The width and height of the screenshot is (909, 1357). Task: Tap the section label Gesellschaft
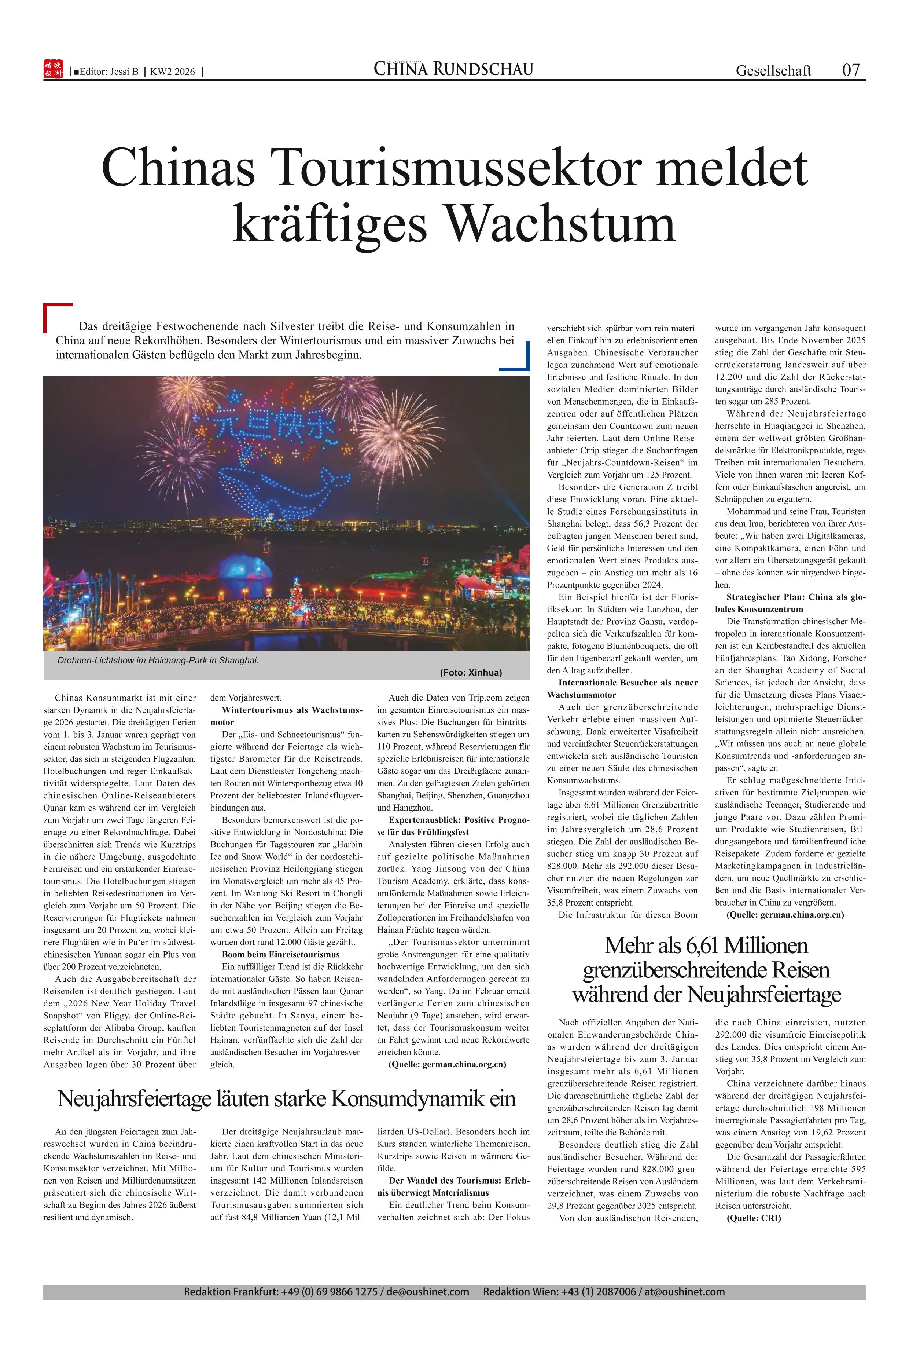(773, 71)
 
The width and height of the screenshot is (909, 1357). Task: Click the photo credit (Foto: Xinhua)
(471, 672)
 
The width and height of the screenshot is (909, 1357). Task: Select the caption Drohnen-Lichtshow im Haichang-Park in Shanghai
(158, 660)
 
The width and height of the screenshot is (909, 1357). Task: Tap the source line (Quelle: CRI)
(754, 1218)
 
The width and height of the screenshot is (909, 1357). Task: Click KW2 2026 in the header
(172, 72)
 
